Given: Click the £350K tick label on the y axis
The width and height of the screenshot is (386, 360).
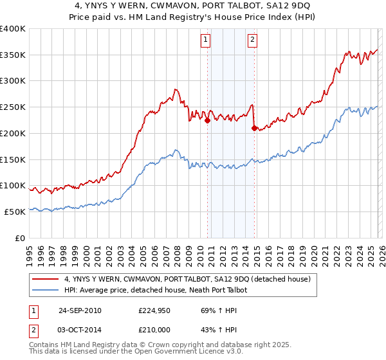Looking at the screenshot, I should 13,55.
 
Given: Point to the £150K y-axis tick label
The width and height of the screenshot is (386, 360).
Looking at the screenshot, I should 13,159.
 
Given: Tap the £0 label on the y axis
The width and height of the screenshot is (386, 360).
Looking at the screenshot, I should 21,238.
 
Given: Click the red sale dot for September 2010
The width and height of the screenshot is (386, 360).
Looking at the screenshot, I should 208,120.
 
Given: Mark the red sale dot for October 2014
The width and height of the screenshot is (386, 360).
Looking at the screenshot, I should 254,128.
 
